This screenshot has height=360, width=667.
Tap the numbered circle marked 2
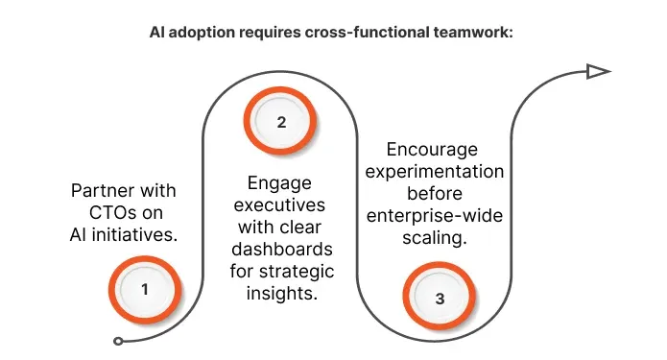(281, 122)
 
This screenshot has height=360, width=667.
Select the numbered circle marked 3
(440, 298)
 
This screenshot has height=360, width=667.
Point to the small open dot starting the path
(118, 341)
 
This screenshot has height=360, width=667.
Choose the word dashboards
(281, 250)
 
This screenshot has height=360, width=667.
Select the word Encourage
(432, 150)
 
